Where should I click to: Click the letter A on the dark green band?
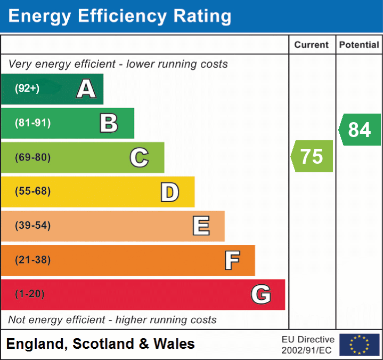point(86,89)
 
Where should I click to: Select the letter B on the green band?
point(109,123)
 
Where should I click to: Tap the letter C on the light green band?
point(139,157)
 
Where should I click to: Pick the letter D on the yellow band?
point(169,192)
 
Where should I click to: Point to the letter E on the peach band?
point(201,226)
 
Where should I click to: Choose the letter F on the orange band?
point(232,260)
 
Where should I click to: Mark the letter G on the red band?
point(261,294)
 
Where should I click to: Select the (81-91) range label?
point(33,123)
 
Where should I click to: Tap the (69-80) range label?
point(33,157)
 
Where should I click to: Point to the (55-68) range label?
point(33,191)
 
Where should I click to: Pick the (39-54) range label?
point(33,226)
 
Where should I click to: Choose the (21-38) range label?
point(33,260)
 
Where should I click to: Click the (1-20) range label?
point(30,294)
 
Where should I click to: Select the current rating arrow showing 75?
point(312,156)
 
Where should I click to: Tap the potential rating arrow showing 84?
point(360,130)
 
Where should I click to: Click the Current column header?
point(312,45)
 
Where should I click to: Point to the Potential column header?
point(359,45)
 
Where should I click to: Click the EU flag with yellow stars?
point(359,345)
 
